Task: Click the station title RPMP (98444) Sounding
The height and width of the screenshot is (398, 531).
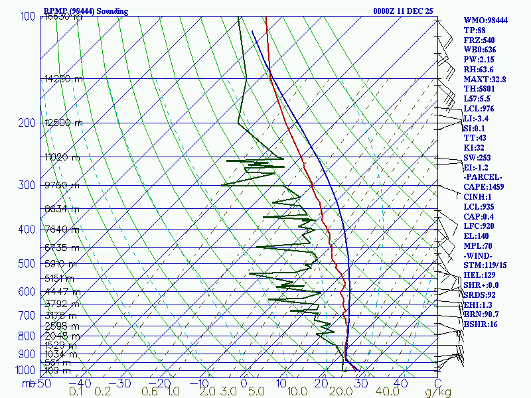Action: point(86,11)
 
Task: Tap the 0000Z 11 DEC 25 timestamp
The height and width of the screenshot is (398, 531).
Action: point(403,11)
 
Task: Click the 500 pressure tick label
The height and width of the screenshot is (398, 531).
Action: point(27,264)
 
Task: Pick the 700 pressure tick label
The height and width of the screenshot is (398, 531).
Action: point(27,315)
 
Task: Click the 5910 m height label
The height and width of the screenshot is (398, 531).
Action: point(62,264)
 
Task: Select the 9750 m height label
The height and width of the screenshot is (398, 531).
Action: point(62,185)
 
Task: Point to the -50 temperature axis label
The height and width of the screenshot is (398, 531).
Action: point(42,383)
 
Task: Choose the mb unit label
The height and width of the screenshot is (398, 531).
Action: point(28,383)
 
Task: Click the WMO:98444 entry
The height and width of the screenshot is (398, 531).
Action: point(485,21)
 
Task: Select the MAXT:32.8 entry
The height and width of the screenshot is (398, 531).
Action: point(485,79)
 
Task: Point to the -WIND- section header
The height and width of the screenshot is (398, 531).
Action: point(479,255)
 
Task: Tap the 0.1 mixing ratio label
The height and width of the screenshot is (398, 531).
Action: point(76,391)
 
